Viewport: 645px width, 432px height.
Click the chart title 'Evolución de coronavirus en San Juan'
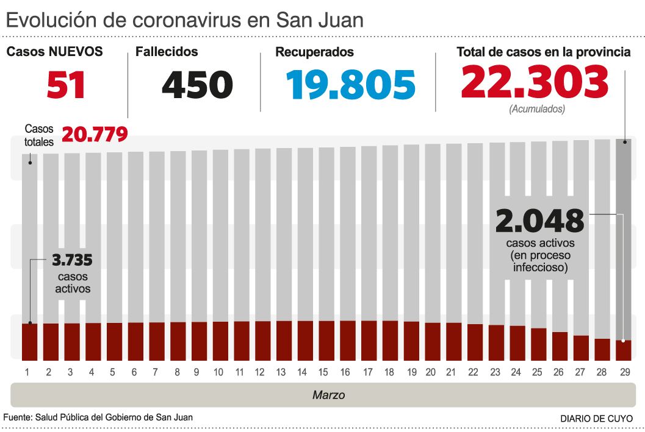184,19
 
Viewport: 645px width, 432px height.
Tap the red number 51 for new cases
66,85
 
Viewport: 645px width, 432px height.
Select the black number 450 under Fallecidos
197,85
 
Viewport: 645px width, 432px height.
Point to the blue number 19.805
351,85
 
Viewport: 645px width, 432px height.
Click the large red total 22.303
535,82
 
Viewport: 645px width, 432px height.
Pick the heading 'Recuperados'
314,52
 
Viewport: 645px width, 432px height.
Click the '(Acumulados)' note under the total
536,110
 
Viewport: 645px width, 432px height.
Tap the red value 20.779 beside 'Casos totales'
95,134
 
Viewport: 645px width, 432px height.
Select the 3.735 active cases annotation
72,261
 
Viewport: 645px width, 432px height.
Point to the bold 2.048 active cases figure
539,221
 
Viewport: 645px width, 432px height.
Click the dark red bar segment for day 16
345,340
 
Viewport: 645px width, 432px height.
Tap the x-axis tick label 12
260,372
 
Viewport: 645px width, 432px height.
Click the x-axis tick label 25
538,372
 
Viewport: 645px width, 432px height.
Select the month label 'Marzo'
328,395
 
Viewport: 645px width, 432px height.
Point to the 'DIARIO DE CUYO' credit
596,419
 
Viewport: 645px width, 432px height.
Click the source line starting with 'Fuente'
98,417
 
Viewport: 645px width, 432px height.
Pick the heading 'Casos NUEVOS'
54,52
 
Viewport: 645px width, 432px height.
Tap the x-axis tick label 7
155,372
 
